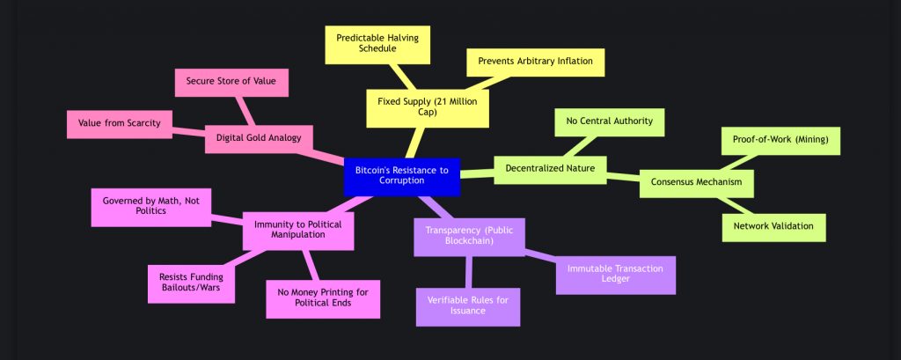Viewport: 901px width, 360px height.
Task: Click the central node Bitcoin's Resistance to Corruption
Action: [x=401, y=173]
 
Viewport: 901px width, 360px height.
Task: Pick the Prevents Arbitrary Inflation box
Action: [x=536, y=62]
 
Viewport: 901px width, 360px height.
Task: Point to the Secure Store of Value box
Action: [x=231, y=82]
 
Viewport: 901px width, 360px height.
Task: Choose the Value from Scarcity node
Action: [x=120, y=123]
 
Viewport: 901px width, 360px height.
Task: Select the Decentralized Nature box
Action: [x=551, y=167]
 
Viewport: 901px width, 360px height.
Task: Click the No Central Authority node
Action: [x=609, y=121]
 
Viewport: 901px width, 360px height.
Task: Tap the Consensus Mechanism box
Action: [x=696, y=182]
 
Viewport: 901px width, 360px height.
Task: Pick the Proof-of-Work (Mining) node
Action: [x=780, y=139]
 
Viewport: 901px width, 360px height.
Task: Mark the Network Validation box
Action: [x=774, y=225]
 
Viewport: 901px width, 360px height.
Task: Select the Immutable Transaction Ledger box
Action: [x=615, y=274]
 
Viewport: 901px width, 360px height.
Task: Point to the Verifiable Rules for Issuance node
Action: [x=467, y=305]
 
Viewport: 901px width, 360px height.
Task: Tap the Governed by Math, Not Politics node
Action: [x=151, y=206]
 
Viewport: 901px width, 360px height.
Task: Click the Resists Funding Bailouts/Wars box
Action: [x=191, y=281]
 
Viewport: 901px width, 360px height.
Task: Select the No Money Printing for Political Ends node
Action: [x=323, y=297]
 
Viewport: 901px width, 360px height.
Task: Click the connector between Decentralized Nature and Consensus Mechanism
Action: [x=622, y=175]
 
